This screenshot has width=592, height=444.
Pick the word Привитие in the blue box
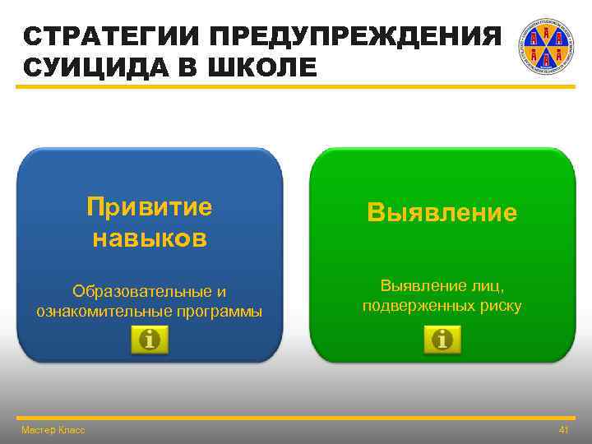click(150, 206)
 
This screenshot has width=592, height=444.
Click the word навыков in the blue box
click(150, 238)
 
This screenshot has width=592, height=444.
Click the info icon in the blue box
click(150, 340)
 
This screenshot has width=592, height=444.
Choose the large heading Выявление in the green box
click(442, 213)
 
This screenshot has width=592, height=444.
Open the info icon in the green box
click(442, 339)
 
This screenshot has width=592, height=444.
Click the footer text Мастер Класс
click(53, 430)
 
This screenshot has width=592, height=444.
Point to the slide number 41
click(563, 430)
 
